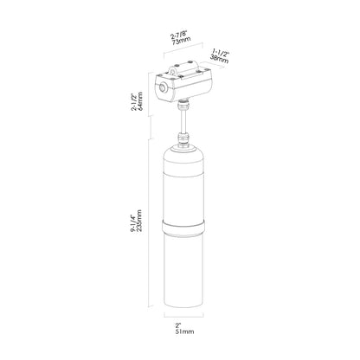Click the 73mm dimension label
pyautogui.click(x=182, y=41)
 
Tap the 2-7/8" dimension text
pyautogui.click(x=179, y=35)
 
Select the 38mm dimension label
pyautogui.click(x=219, y=59)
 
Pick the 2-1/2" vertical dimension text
pyautogui.click(x=134, y=102)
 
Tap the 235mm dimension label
pyautogui.click(x=140, y=222)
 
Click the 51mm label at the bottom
pyautogui.click(x=184, y=331)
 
